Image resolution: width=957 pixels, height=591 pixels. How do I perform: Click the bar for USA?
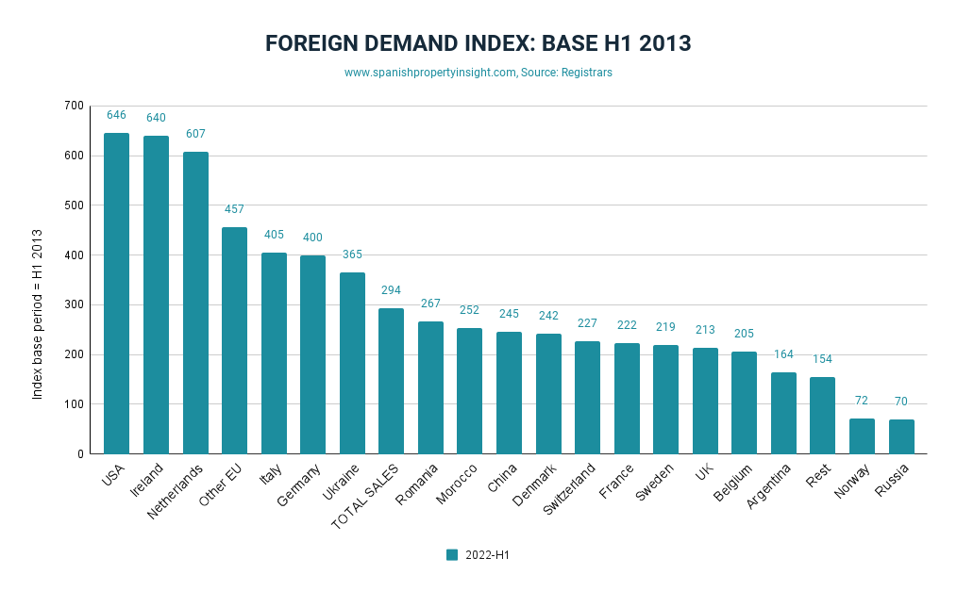click(116, 293)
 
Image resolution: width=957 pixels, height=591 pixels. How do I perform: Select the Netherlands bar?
click(195, 303)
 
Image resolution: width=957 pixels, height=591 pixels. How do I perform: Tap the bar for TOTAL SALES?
click(391, 381)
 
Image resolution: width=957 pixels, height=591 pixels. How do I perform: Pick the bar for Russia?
click(901, 436)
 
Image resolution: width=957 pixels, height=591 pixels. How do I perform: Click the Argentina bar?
click(783, 413)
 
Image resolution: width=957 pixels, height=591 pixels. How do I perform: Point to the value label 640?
click(156, 118)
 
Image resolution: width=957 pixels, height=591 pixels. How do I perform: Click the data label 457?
click(234, 208)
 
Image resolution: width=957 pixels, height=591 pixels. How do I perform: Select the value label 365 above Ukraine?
click(352, 254)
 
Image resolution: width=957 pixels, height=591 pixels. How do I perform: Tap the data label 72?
click(862, 401)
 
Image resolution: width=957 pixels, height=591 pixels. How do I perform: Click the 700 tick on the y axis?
click(74, 106)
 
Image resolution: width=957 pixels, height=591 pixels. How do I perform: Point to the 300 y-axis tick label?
click(74, 304)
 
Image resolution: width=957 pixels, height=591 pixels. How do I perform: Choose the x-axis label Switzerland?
click(570, 487)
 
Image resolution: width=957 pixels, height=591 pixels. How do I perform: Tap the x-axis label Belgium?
click(733, 483)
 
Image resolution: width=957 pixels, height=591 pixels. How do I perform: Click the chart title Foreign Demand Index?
click(478, 43)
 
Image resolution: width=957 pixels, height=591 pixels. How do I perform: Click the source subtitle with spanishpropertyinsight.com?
click(478, 73)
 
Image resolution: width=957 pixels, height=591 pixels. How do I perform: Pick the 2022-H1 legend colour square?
click(452, 555)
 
